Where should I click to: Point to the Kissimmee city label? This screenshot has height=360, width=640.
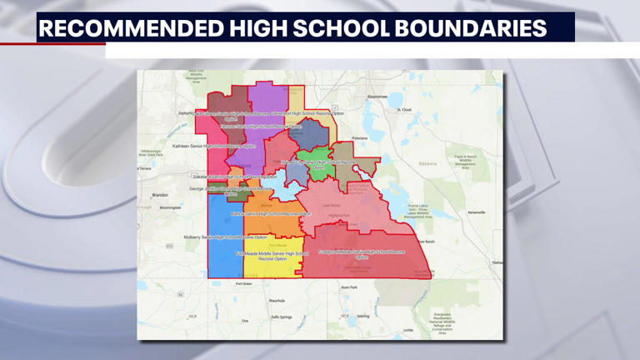tap(377, 97)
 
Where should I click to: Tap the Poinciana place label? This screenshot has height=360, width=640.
tap(359, 138)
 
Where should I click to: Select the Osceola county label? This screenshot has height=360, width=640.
tap(427, 162)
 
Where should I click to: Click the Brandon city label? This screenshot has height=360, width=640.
tap(160, 195)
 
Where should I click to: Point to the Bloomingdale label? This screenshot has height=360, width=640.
tap(170, 207)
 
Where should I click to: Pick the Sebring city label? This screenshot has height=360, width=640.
tap(362, 316)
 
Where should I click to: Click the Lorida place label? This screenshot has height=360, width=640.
tap(408, 330)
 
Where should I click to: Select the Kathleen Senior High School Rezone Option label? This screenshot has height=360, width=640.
tap(207, 146)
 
